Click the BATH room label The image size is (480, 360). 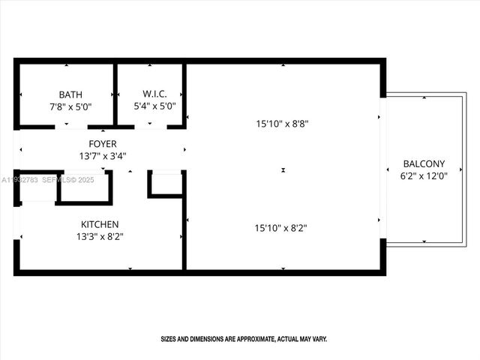(70, 94)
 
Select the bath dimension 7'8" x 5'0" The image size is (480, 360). (70, 106)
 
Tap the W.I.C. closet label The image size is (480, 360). (154, 94)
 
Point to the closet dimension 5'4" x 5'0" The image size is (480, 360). (154, 106)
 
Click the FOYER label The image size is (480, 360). (103, 144)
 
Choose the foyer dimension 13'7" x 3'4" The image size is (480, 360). (103, 156)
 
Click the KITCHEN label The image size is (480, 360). (100, 224)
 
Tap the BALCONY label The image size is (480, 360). (424, 163)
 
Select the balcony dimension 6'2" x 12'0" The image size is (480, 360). (424, 176)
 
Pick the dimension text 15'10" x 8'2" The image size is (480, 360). (283, 227)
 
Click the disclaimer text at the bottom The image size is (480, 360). (244, 339)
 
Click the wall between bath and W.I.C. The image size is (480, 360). (115, 94)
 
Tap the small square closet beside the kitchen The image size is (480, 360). (166, 184)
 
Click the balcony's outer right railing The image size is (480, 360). (464, 169)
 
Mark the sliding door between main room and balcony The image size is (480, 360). (382, 168)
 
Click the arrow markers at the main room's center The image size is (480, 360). (283, 170)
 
